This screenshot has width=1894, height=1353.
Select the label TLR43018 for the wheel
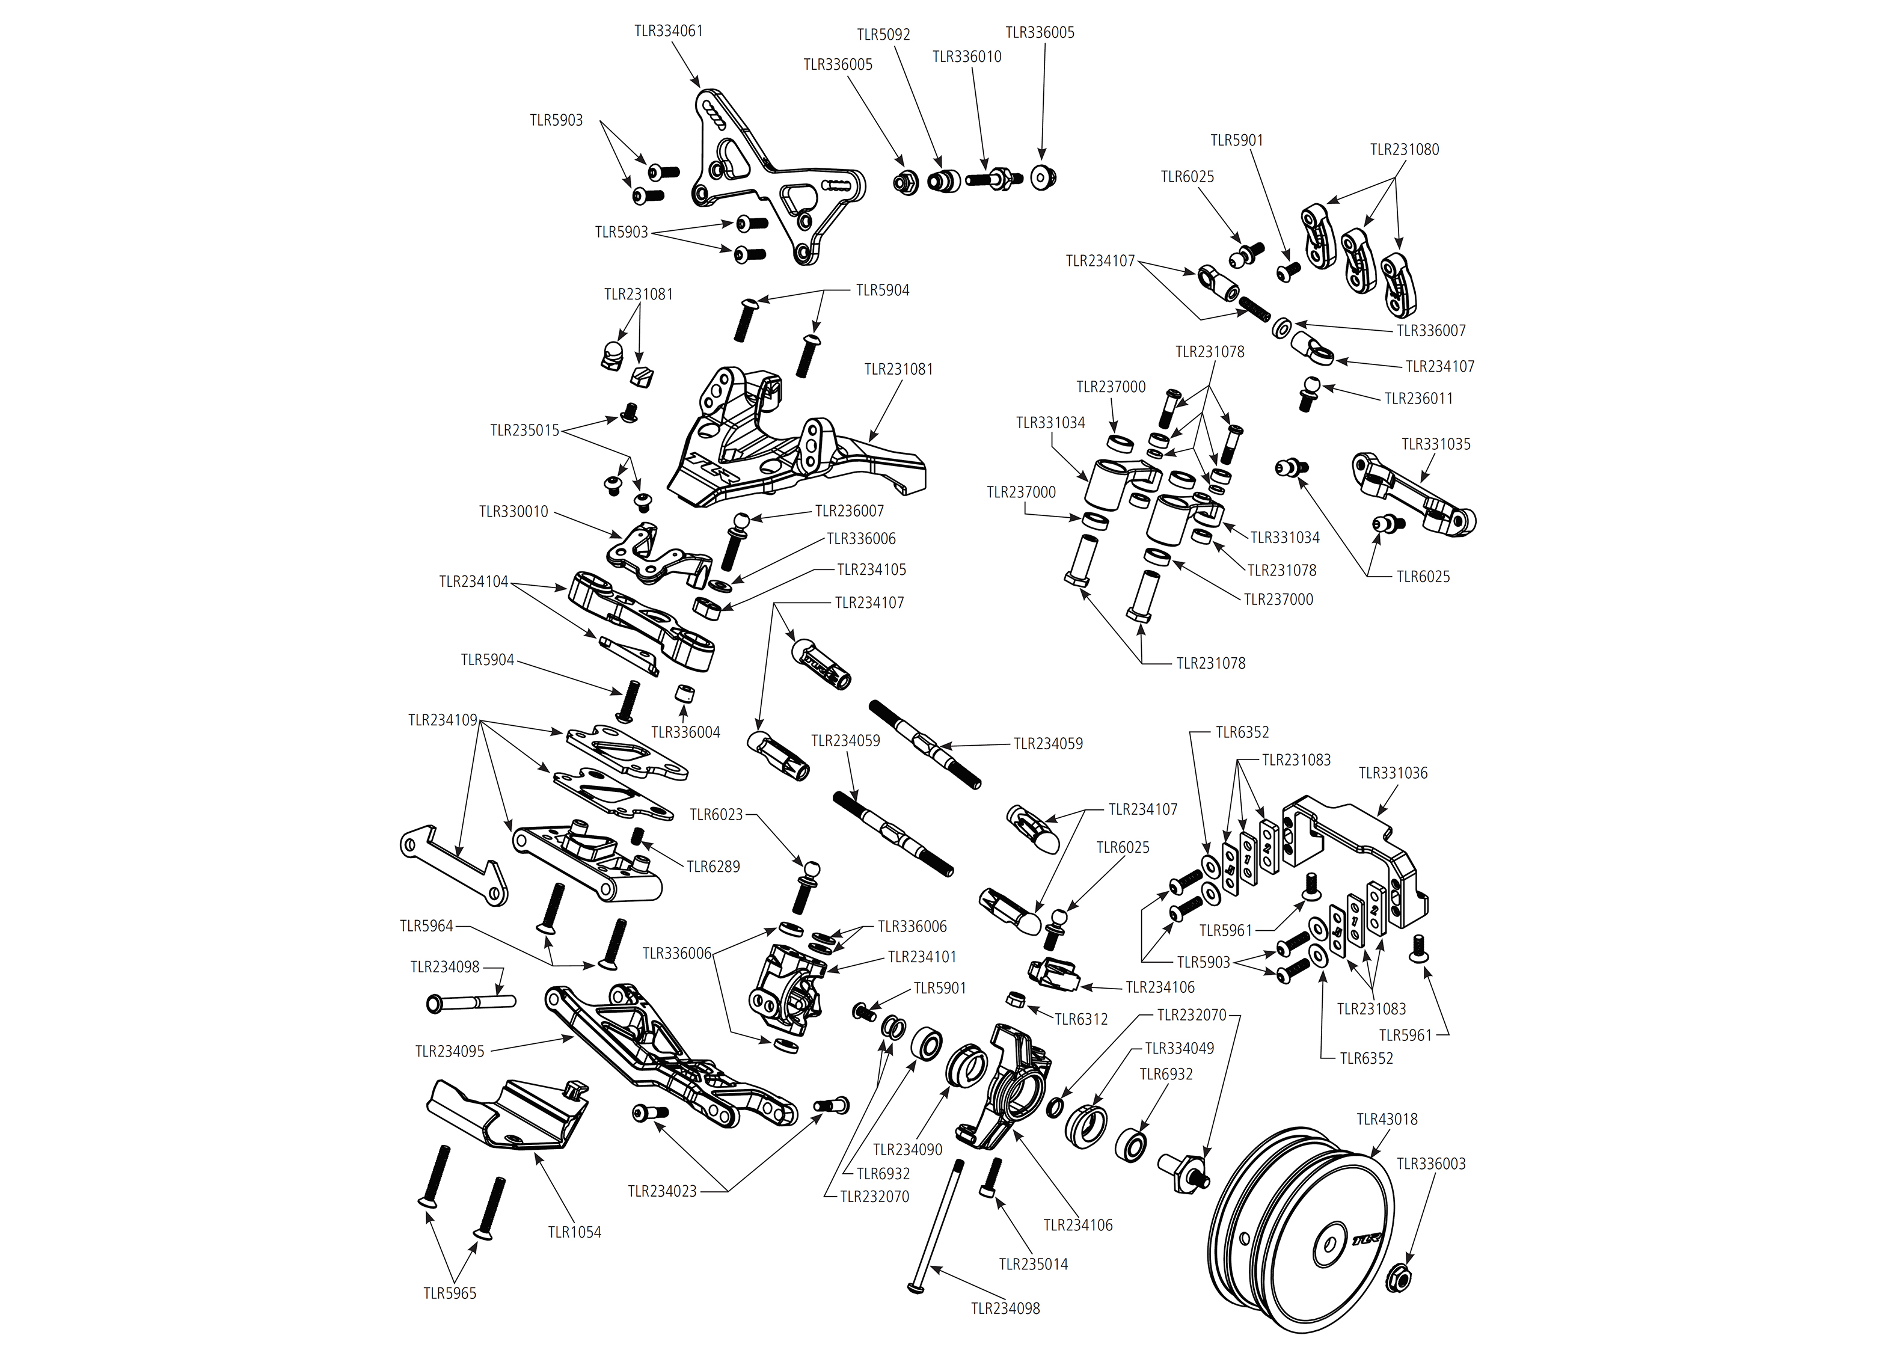pos(1386,1119)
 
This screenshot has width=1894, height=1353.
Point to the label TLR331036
pos(1393,773)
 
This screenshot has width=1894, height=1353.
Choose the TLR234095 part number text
pos(449,1051)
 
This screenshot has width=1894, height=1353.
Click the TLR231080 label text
pos(1403,150)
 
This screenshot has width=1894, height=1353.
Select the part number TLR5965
pos(449,1293)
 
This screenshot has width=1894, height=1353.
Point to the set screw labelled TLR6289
pos(639,836)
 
